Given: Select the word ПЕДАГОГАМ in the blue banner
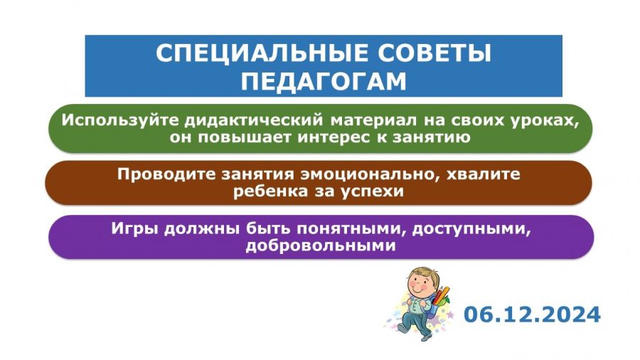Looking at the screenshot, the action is click(x=324, y=81).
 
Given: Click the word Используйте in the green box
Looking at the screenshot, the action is click(x=121, y=121).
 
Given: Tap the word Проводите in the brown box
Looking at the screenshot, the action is click(x=166, y=175).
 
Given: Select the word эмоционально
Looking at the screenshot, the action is click(x=371, y=175).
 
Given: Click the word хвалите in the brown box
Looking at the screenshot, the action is click(x=484, y=174).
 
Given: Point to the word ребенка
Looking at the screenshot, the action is click(x=270, y=191).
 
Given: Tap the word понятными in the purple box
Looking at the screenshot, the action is click(x=351, y=229).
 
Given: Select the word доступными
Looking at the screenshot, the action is click(x=471, y=229).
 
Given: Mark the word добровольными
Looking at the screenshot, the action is click(x=321, y=245).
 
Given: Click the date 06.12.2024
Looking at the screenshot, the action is click(x=532, y=314).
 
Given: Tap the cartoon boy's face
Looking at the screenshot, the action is click(x=421, y=284).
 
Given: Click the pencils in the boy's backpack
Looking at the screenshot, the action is click(x=442, y=295).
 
